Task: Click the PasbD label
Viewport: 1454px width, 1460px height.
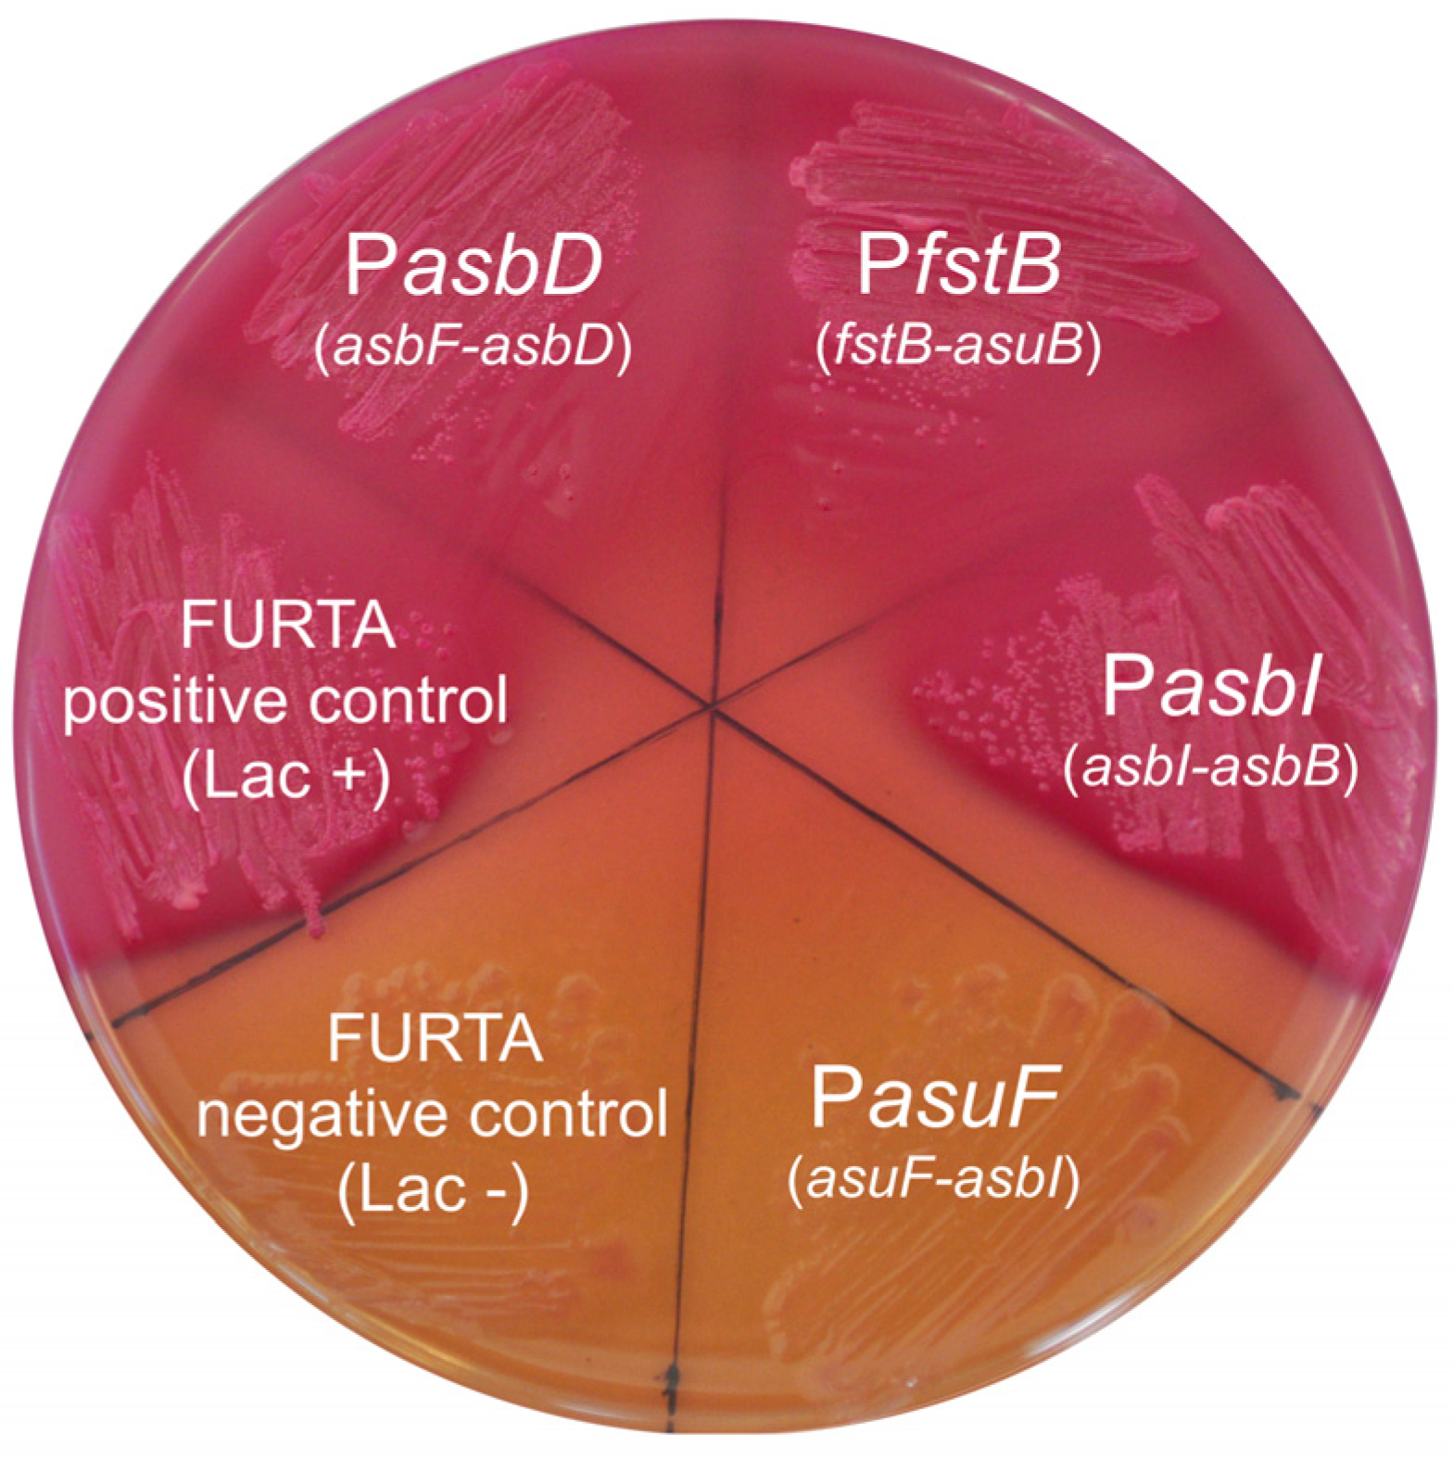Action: tap(474, 266)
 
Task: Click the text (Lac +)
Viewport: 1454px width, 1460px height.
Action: tap(285, 777)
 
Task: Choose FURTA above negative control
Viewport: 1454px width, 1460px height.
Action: tap(435, 1039)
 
